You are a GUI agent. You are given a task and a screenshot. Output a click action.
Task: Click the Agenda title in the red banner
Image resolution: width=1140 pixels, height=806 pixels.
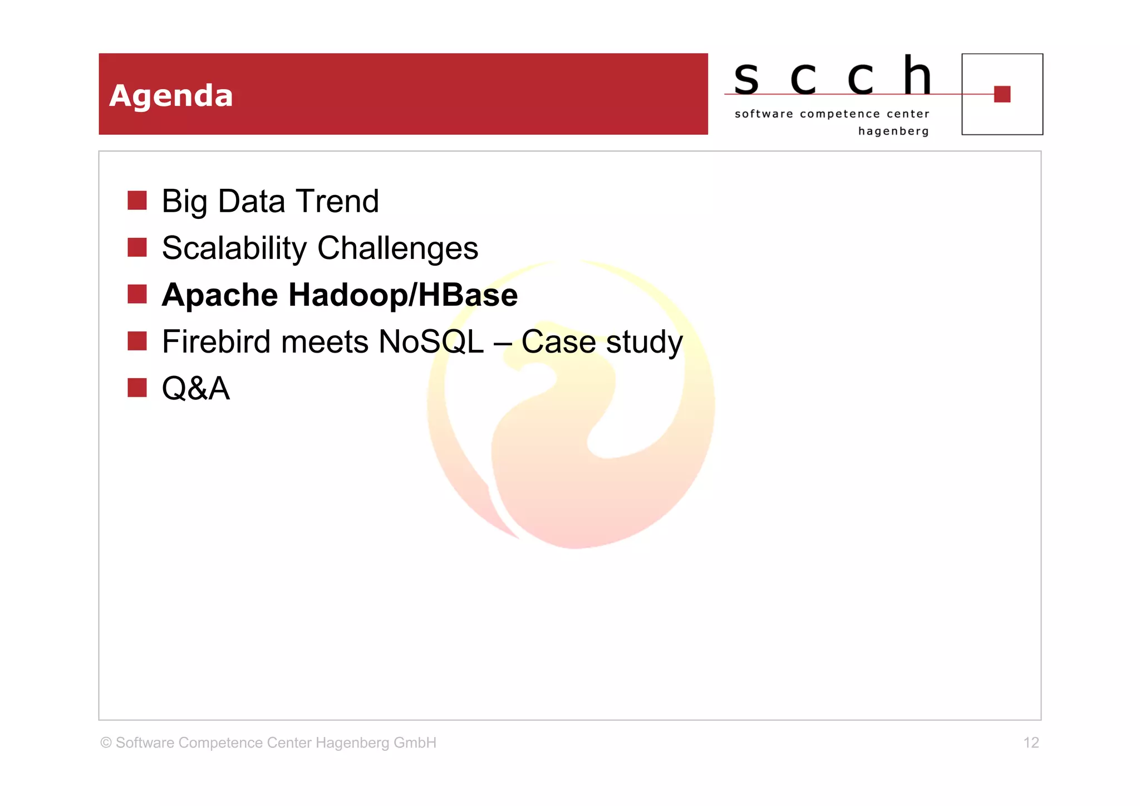(171, 96)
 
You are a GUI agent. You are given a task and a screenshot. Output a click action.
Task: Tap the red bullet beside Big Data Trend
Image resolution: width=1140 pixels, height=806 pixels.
(137, 201)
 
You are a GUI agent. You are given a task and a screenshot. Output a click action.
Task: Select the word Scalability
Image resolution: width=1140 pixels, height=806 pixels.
(234, 248)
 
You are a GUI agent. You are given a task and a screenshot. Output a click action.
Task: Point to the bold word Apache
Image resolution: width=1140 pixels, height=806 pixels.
(220, 295)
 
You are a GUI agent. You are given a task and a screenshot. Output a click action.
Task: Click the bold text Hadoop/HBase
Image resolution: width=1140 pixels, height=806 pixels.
(402, 295)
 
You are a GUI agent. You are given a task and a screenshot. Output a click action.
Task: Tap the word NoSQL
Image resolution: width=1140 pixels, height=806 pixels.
(431, 341)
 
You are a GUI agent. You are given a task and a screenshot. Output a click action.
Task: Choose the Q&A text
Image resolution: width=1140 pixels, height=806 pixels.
(195, 388)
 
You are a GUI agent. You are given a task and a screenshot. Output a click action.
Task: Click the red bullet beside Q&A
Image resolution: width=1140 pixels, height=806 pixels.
(137, 388)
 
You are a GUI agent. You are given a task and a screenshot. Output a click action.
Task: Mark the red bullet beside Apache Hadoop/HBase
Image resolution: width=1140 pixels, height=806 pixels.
(137, 294)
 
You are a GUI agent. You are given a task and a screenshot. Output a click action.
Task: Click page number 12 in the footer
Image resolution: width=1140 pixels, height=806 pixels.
(1031, 743)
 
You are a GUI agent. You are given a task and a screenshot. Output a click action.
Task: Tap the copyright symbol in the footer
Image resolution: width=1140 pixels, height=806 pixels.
(106, 743)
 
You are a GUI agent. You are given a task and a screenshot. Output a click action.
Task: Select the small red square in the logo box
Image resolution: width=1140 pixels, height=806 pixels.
(1002, 94)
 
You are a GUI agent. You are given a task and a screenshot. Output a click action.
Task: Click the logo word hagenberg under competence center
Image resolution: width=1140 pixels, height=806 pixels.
(893, 131)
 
